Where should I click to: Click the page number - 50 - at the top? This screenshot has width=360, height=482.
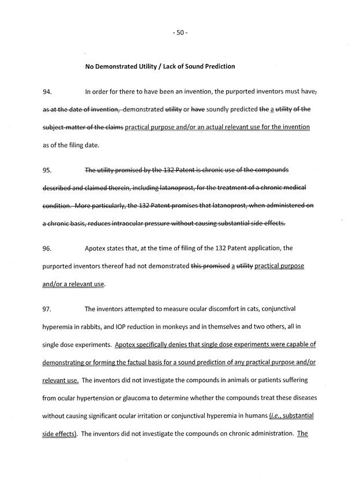[x=180, y=32]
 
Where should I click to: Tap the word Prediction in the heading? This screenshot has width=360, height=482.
[x=218, y=66]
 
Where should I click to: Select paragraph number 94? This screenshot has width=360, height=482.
[x=47, y=92]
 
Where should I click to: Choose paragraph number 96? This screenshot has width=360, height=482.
[x=47, y=249]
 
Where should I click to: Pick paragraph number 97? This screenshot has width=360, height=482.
[x=47, y=309]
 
